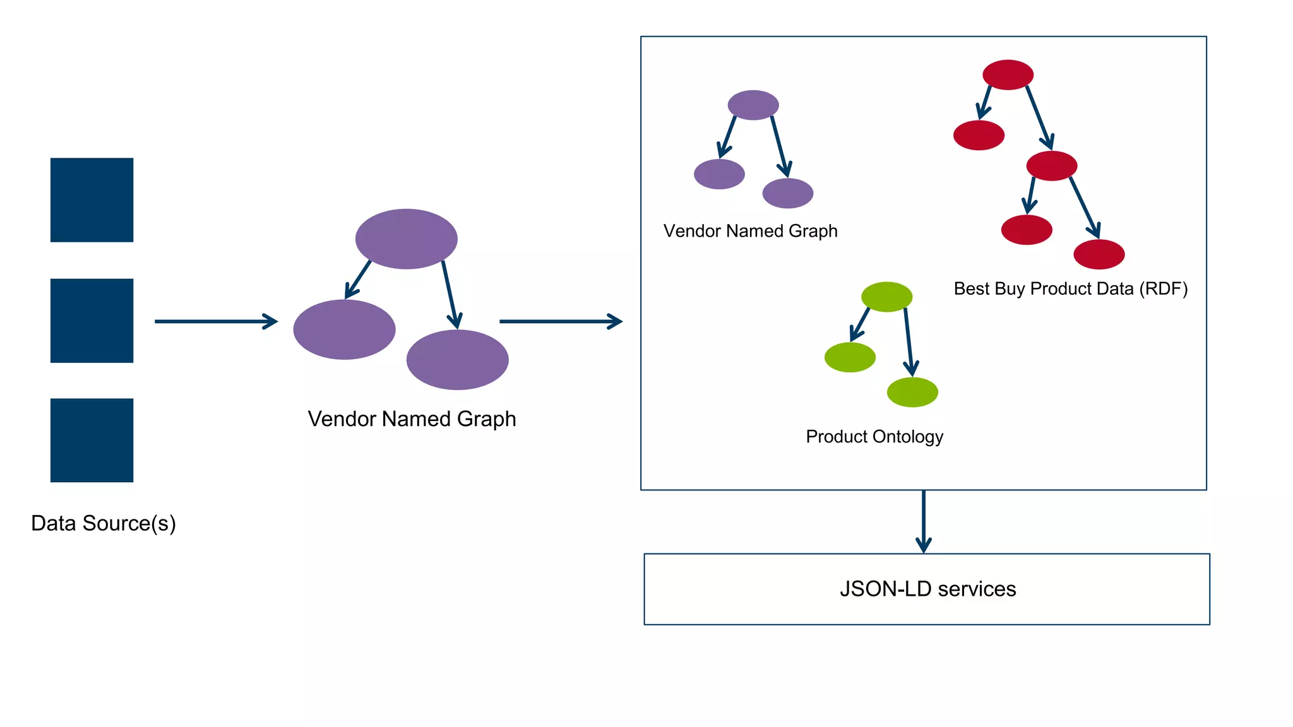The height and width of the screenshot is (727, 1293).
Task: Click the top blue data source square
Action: point(92,199)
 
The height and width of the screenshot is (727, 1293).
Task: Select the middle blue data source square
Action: point(92,321)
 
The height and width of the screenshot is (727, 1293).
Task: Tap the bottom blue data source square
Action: point(92,440)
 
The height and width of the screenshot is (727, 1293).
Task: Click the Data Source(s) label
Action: point(104,523)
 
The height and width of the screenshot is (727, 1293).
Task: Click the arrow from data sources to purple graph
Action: point(215,321)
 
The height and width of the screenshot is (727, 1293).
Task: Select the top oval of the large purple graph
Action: point(406,239)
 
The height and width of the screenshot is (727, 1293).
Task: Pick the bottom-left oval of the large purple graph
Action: point(344,329)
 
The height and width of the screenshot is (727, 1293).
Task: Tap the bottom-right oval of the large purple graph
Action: point(457,359)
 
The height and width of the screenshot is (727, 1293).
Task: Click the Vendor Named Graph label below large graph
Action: point(412,419)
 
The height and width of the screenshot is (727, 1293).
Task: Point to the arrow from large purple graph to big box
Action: point(559,321)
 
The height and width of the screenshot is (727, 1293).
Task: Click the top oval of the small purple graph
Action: point(753,105)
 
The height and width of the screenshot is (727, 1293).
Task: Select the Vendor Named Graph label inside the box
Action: point(750,231)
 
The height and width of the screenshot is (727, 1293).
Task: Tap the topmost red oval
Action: point(1008,74)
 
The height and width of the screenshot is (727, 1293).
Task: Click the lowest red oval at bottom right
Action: point(1099,254)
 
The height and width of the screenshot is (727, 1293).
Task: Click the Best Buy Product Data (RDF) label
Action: point(1070,288)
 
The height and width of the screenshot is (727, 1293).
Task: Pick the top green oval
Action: point(886,297)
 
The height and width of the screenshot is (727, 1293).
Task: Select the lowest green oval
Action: point(912,392)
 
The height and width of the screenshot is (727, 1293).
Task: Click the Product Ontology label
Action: point(874,437)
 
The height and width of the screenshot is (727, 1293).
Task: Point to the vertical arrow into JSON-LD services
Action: point(924,521)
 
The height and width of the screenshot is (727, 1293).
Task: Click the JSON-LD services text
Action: point(927,589)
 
